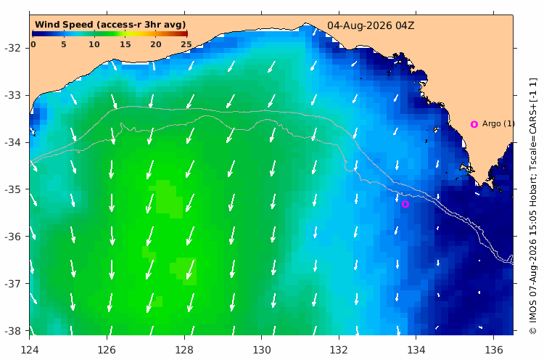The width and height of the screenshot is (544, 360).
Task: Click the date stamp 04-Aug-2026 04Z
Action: click(x=371, y=25)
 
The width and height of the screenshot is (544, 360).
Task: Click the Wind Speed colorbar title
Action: click(x=110, y=25)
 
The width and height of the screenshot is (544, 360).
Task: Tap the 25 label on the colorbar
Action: click(x=186, y=44)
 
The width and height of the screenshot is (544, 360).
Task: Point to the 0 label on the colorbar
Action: click(x=33, y=44)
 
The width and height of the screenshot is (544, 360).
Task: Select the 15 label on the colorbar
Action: click(x=125, y=44)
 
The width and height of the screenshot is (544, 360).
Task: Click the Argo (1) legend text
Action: click(x=498, y=123)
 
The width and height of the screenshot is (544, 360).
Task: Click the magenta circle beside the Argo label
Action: click(x=474, y=124)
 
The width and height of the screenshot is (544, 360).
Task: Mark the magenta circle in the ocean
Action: click(x=405, y=204)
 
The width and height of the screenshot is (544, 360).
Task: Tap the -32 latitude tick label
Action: click(x=12, y=48)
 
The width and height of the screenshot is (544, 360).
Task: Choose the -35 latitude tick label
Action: click(x=12, y=189)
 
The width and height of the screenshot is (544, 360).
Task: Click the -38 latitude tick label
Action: click(x=12, y=331)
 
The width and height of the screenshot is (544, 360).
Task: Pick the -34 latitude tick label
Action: click(x=12, y=142)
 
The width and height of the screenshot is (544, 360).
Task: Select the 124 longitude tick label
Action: click(x=30, y=350)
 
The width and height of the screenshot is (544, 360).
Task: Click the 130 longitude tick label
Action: click(x=262, y=350)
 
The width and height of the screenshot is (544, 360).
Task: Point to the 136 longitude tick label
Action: click(x=494, y=350)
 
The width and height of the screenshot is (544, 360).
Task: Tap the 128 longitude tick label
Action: click(x=184, y=350)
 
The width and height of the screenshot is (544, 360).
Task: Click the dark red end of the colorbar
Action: click(x=185, y=33)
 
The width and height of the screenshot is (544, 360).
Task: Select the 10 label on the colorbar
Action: click(x=94, y=44)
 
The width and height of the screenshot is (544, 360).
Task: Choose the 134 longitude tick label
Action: click(x=416, y=350)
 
